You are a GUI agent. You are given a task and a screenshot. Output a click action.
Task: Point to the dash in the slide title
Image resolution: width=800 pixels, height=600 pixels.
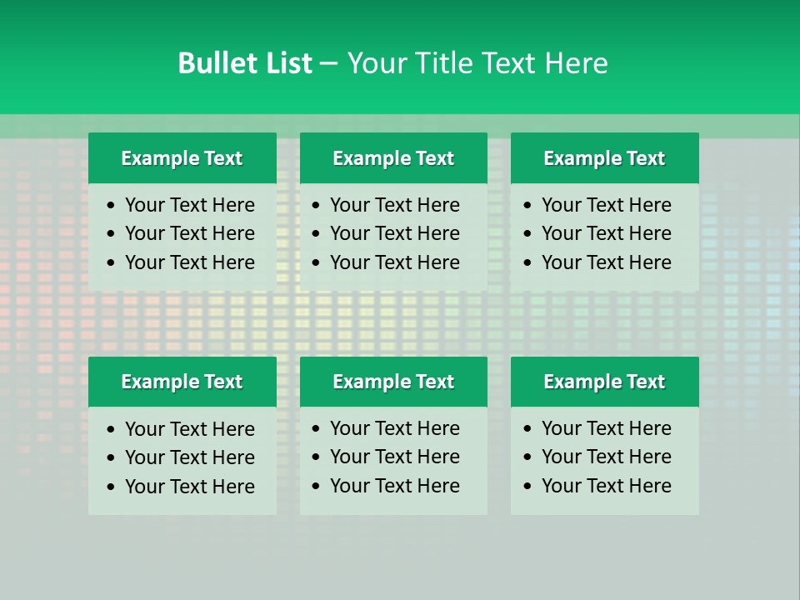coord(328,64)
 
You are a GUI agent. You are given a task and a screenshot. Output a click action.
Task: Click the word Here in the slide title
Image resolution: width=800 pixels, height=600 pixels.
coord(576,63)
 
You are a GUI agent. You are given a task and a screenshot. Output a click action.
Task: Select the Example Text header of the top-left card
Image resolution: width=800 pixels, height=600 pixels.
coord(182,158)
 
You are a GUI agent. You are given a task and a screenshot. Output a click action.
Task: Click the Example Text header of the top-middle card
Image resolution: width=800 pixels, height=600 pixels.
coord(393,158)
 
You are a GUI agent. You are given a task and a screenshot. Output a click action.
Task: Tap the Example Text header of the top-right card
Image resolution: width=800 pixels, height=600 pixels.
coord(604,158)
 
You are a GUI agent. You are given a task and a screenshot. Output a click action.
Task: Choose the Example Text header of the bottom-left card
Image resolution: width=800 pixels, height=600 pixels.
coord(182,382)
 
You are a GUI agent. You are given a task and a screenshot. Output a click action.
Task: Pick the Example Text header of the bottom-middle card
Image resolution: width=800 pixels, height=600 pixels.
coord(393,382)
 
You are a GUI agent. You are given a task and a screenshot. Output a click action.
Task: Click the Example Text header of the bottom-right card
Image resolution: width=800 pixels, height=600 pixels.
coord(604,382)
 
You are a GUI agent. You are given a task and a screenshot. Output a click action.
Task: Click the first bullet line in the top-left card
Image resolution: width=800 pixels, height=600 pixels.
coord(190,205)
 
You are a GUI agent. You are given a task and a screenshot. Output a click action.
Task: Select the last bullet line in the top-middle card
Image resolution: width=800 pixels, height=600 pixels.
coord(395,262)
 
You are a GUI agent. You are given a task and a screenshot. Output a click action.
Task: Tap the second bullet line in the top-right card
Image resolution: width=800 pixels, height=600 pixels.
coord(607,233)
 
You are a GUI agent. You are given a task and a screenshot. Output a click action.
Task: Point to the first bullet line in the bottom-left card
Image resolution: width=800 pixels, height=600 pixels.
coord(190,429)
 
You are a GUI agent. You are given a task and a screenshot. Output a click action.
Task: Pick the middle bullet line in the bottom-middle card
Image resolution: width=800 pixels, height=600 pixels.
coord(395,457)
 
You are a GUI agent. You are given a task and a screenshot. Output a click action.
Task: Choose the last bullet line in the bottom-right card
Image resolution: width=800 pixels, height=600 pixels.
coord(607,486)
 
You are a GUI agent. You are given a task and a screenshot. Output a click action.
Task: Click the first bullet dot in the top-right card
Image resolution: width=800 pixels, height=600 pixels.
coord(527,206)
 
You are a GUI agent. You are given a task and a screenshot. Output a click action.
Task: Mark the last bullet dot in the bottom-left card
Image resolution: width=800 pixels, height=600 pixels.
coord(111,487)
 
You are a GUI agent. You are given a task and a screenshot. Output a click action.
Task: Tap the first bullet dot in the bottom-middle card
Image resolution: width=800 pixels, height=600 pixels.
coord(316,429)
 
